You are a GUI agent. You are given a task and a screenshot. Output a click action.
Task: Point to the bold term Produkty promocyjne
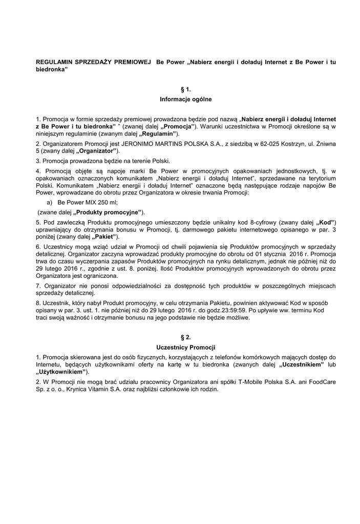point(109,212)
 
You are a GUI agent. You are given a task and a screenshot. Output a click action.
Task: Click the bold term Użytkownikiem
point(61,372)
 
